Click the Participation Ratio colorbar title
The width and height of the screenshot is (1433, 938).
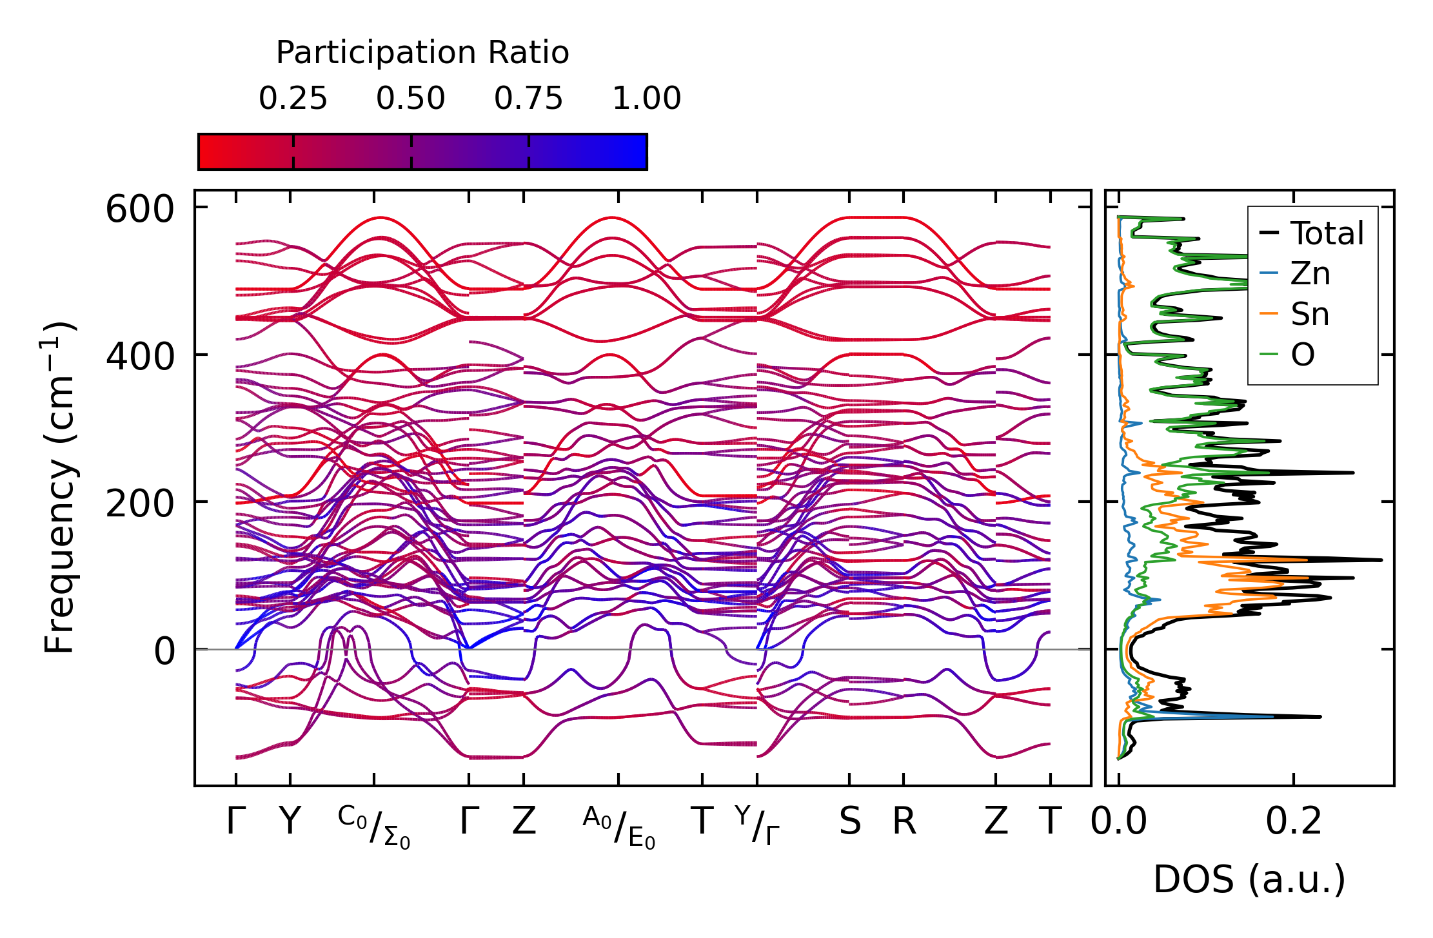(422, 53)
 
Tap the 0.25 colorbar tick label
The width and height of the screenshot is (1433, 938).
(293, 99)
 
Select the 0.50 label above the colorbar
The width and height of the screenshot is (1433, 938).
(411, 99)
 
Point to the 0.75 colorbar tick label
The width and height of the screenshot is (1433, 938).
(528, 99)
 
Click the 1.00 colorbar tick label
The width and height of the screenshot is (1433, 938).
(646, 99)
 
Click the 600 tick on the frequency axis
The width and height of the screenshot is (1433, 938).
(140, 210)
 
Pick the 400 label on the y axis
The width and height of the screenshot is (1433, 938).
(140, 356)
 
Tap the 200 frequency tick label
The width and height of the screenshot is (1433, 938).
(140, 503)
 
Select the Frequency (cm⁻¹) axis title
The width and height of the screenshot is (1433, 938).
(59, 487)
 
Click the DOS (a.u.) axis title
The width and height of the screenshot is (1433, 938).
(1249, 879)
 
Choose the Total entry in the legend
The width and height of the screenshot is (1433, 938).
(1327, 233)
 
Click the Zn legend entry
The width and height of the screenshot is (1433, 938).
(1310, 274)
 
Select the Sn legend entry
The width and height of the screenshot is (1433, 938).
(1309, 315)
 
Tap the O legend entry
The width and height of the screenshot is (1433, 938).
(1302, 355)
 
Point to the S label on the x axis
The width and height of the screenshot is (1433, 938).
(849, 822)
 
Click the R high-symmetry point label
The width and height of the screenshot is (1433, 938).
(904, 822)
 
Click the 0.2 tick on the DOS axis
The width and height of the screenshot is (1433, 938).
(1293, 822)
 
